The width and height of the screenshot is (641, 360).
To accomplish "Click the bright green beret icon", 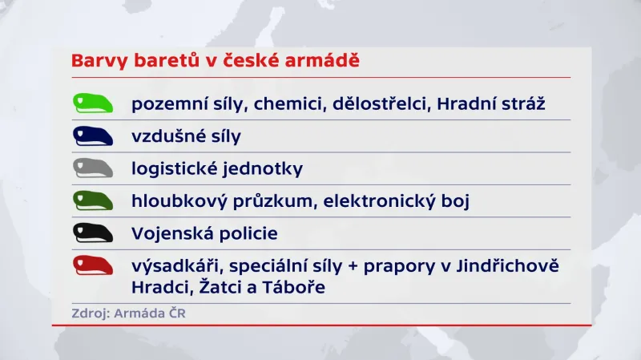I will click(95, 103).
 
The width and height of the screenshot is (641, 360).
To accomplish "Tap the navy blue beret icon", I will click(95, 136).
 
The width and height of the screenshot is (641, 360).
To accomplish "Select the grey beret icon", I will click(95, 168).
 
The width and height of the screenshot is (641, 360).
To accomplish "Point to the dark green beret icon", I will click(95, 200).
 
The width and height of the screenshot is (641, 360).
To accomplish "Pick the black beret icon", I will click(95, 233).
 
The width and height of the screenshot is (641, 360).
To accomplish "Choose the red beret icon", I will click(95, 266).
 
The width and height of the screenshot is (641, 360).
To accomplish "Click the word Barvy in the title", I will click(96, 61).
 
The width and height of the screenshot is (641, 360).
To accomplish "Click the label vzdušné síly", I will click(186, 136).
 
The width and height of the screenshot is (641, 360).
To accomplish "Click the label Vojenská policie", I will click(204, 233).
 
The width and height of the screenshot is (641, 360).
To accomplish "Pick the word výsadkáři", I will click(169, 265).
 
